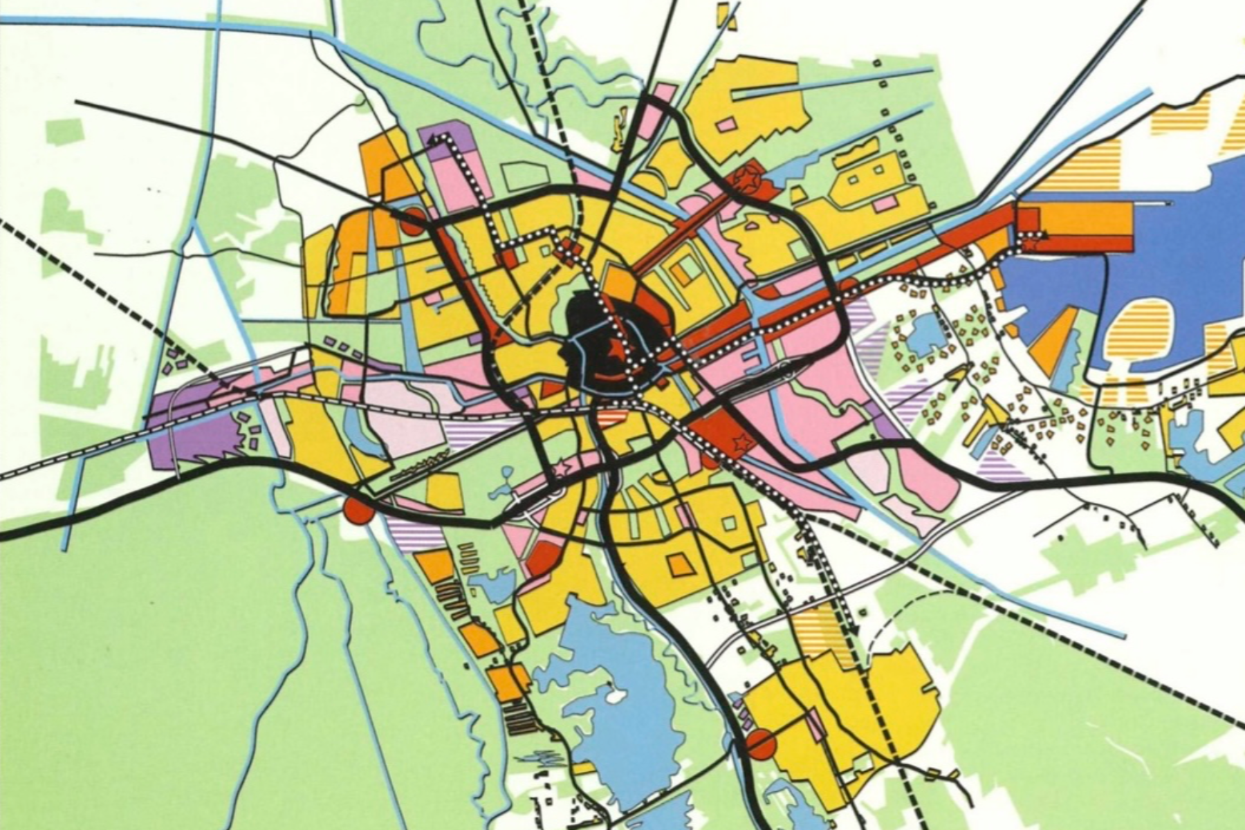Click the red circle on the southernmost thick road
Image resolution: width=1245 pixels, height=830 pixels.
(762, 745)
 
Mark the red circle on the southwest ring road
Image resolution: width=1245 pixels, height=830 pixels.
(358, 510)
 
